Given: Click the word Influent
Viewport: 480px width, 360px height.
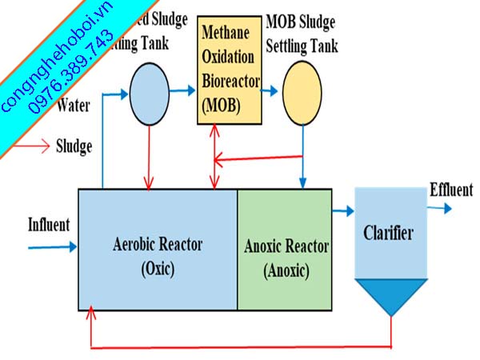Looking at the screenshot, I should point(49,224).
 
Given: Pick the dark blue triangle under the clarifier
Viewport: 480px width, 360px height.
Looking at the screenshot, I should point(390,295).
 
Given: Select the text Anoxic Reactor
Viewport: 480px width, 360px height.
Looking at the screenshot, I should point(285,246).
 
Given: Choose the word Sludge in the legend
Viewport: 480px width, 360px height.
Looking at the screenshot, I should point(75,146).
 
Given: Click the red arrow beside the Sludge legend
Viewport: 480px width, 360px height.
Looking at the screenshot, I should point(31,147).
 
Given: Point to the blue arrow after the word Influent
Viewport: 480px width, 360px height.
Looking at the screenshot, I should point(52,246).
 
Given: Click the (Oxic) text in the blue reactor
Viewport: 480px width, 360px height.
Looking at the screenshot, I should point(157,267).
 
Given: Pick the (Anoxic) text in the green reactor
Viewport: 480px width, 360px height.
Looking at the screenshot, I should point(286,270).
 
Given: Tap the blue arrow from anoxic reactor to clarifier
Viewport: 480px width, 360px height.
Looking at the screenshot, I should point(343,211).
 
